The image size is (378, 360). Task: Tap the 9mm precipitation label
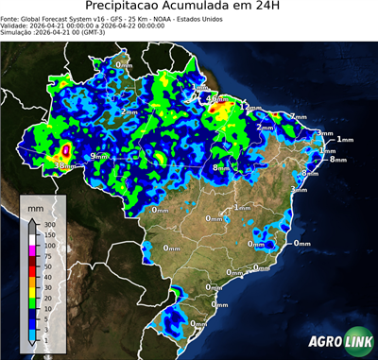97,156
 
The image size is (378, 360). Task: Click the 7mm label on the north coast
298,117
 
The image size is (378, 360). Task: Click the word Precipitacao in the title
135,8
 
